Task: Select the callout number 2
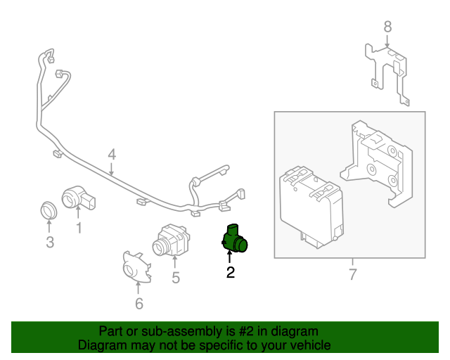point(230,272)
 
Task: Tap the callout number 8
point(387,27)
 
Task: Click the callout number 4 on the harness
point(111,155)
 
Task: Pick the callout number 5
point(175,278)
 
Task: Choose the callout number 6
point(139,303)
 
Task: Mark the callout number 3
point(49,243)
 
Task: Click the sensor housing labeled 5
point(171,241)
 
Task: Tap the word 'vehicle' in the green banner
point(308,345)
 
